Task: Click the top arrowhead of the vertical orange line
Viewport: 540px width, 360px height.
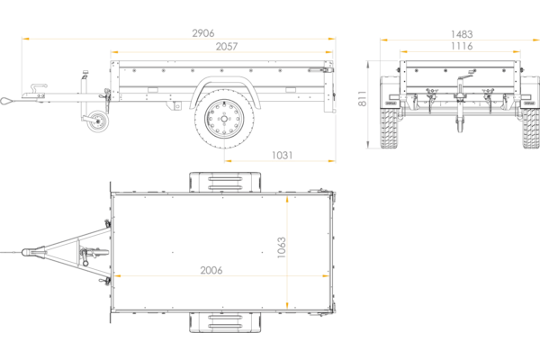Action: (285, 199)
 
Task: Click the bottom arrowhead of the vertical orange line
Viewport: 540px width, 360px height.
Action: (285, 306)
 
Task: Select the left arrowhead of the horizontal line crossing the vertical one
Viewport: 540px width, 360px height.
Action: (117, 276)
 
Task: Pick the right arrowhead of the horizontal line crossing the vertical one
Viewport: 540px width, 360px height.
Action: (326, 276)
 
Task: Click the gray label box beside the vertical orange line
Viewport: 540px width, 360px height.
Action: (279, 244)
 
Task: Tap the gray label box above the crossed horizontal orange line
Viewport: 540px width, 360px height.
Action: (211, 266)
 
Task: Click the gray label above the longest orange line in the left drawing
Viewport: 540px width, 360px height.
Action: (202, 33)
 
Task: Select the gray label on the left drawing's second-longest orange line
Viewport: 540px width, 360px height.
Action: (227, 46)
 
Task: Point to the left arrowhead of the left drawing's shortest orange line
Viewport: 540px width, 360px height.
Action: (229, 161)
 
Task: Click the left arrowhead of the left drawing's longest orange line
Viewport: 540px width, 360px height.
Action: (25, 40)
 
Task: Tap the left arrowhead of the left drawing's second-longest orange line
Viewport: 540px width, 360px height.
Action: (112, 53)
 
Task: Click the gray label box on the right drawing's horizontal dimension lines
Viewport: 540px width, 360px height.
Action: (461, 39)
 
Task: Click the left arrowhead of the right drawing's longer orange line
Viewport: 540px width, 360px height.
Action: (382, 40)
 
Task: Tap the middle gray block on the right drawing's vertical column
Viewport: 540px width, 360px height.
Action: (361, 96)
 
